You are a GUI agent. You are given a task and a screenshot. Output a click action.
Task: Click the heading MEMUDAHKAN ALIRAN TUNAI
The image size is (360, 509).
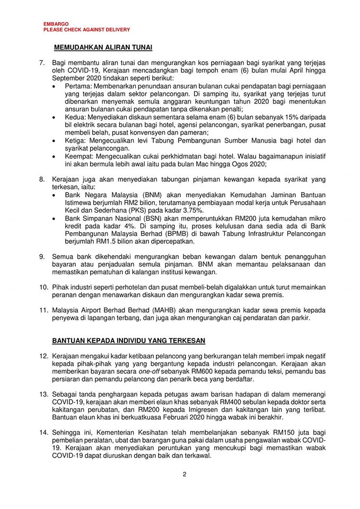tap(103, 48)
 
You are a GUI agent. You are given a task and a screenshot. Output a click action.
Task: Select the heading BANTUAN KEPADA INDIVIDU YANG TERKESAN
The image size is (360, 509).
tap(129, 339)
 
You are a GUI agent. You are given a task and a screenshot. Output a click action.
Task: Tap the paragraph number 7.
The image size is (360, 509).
tap(42, 63)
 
